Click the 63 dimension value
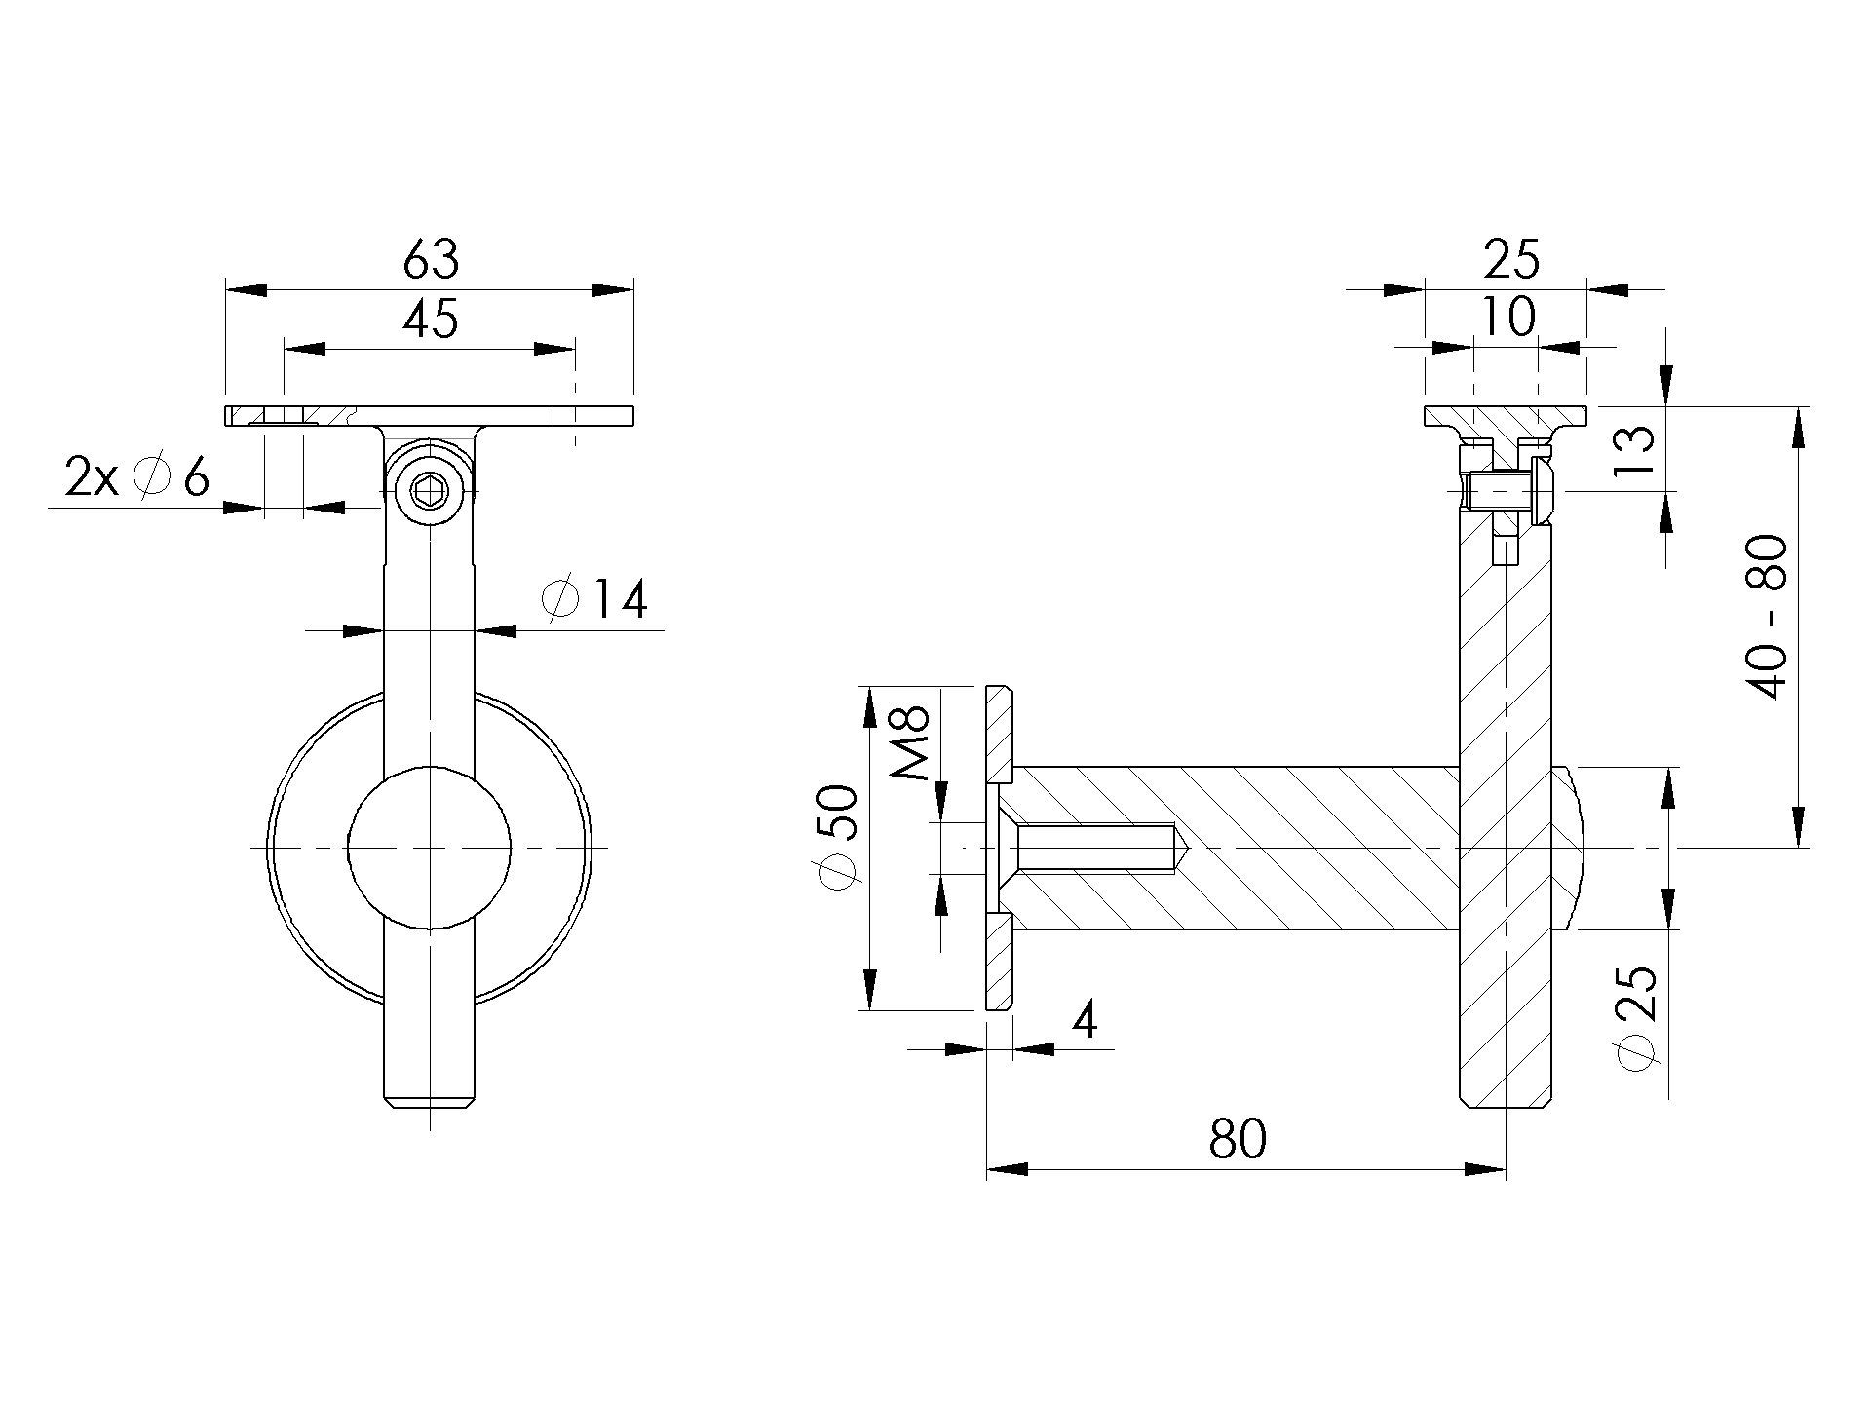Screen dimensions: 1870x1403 430,259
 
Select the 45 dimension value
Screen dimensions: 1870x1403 430,319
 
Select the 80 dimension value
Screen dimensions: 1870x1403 1238,1138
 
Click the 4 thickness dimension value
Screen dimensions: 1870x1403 1085,1020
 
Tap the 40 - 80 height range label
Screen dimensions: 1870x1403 1767,617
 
